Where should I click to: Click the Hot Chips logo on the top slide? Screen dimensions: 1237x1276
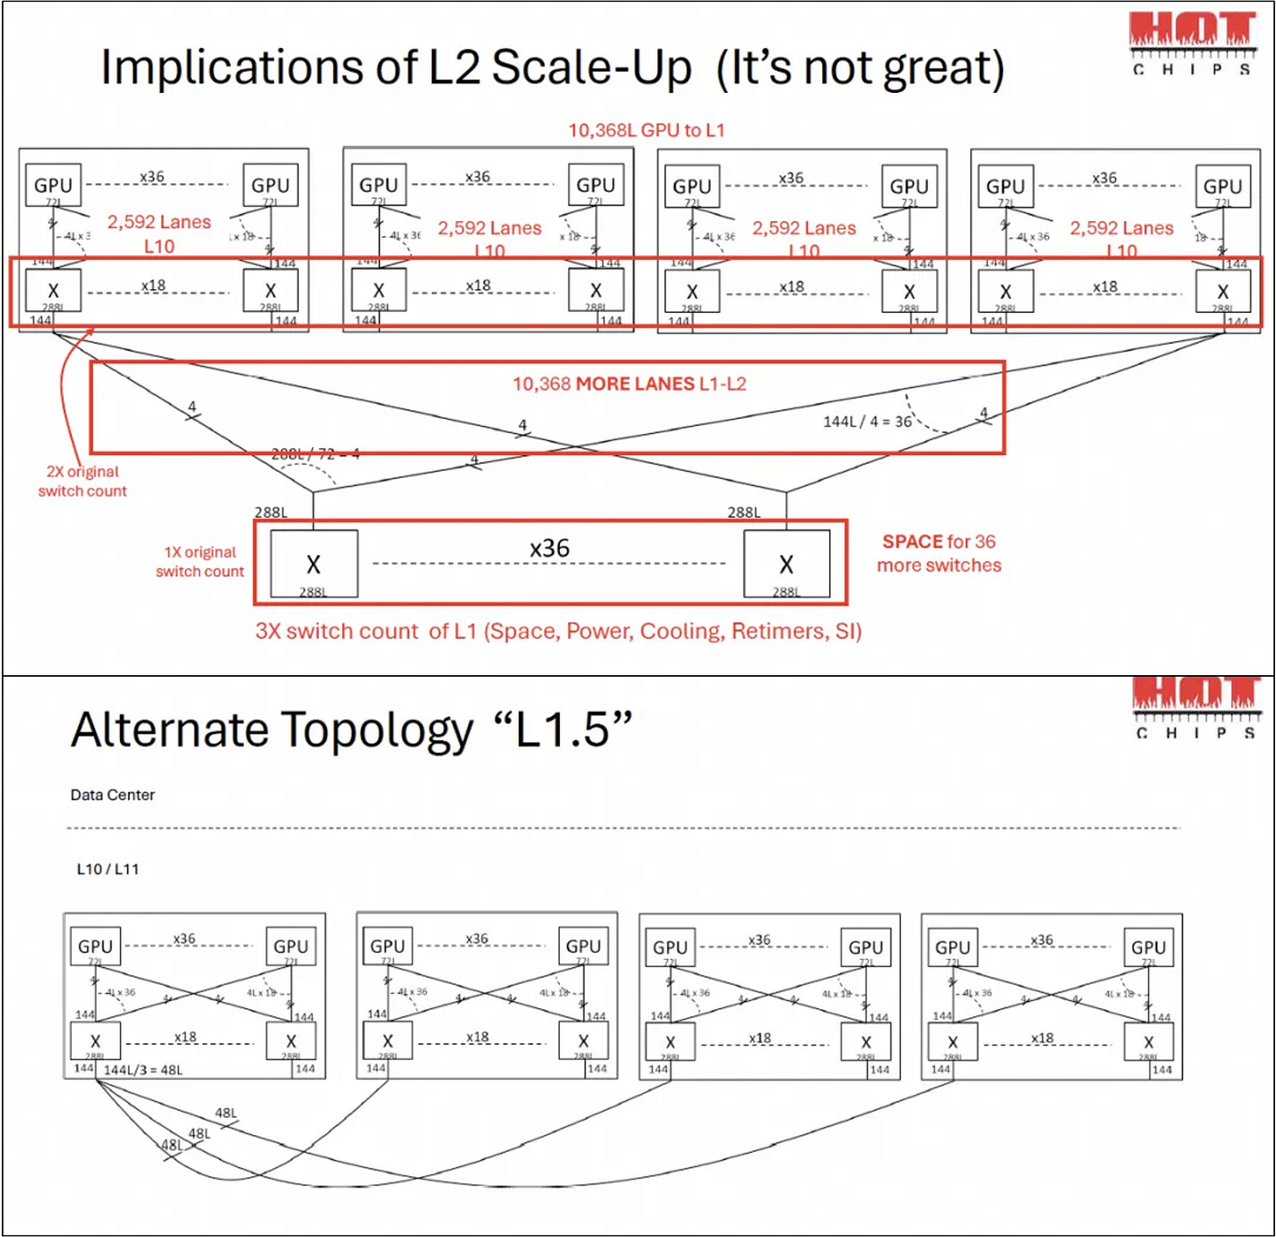point(1193,41)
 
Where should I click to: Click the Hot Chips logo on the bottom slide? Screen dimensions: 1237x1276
point(1196,706)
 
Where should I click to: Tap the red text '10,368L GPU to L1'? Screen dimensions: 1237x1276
point(646,131)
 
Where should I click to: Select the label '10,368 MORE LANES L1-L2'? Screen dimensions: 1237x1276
point(629,384)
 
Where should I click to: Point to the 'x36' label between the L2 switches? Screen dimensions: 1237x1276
point(549,549)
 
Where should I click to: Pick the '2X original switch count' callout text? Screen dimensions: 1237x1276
point(82,481)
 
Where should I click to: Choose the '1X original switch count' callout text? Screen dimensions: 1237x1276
point(200,562)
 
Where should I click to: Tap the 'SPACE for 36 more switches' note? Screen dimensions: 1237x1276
point(939,553)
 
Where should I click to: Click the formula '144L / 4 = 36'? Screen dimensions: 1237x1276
point(867,422)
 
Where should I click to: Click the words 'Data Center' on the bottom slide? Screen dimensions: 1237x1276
point(112,795)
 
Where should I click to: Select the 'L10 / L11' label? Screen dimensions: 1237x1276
point(108,870)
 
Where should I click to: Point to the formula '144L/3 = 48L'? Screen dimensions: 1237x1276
point(143,1070)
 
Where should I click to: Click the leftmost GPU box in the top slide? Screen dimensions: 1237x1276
point(53,186)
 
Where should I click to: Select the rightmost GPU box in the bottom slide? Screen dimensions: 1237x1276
point(1148,947)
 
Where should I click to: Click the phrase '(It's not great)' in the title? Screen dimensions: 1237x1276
point(860,68)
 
